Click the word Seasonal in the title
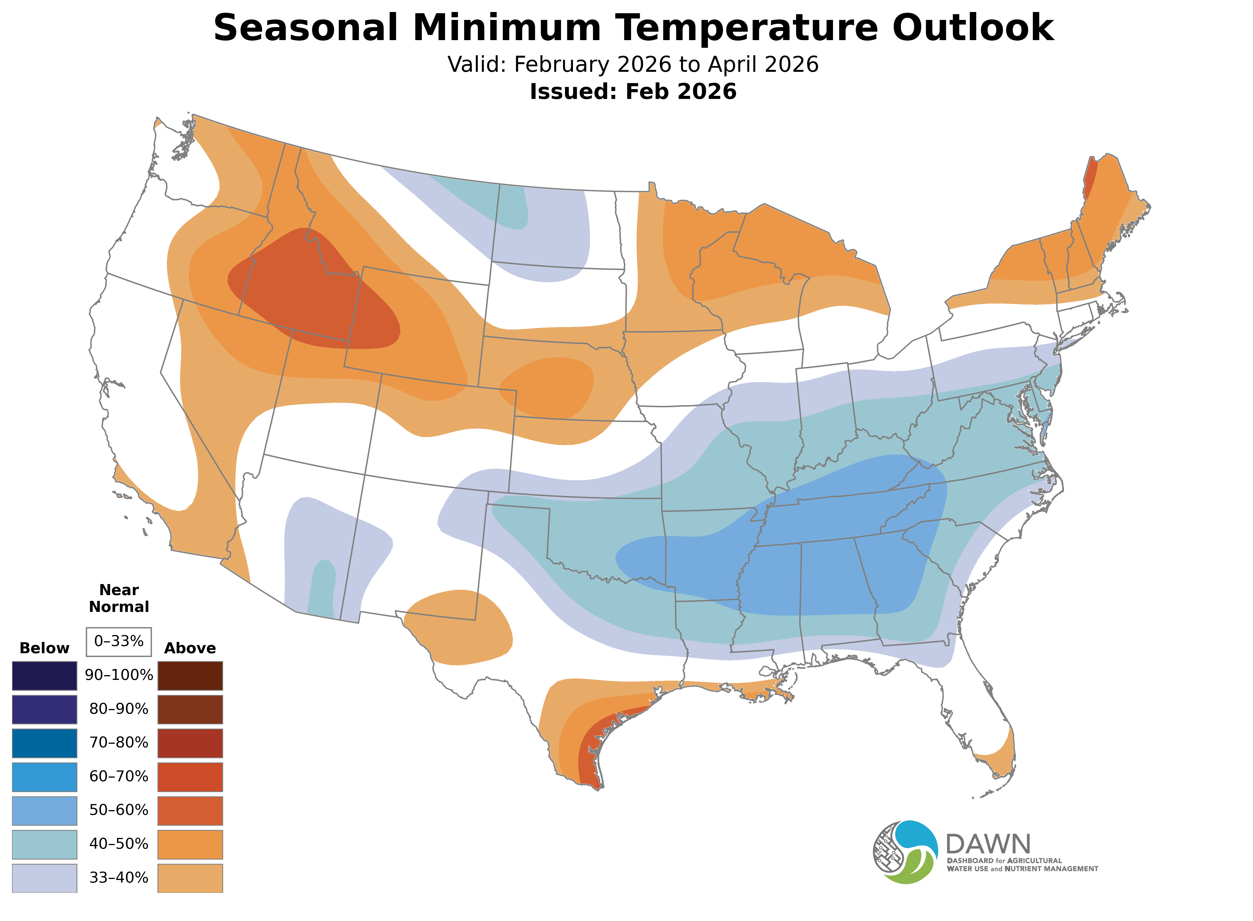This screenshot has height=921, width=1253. point(305,28)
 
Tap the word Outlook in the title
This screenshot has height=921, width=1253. point(973,28)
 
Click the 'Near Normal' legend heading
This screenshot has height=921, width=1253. point(119,598)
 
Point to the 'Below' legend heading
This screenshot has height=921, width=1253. point(44,648)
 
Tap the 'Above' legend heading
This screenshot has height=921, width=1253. point(190,648)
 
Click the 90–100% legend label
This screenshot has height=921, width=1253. point(119,675)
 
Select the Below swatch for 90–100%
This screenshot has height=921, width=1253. point(45,676)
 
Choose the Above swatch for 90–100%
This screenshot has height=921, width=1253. point(190,676)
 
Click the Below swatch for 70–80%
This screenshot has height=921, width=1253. point(45,743)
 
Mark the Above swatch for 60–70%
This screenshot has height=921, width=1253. point(190,777)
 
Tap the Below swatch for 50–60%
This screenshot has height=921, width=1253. point(45,811)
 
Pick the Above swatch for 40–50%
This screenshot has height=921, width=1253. point(190,844)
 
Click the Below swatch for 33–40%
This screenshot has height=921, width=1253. point(45,878)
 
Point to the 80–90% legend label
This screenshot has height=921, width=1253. point(119,709)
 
